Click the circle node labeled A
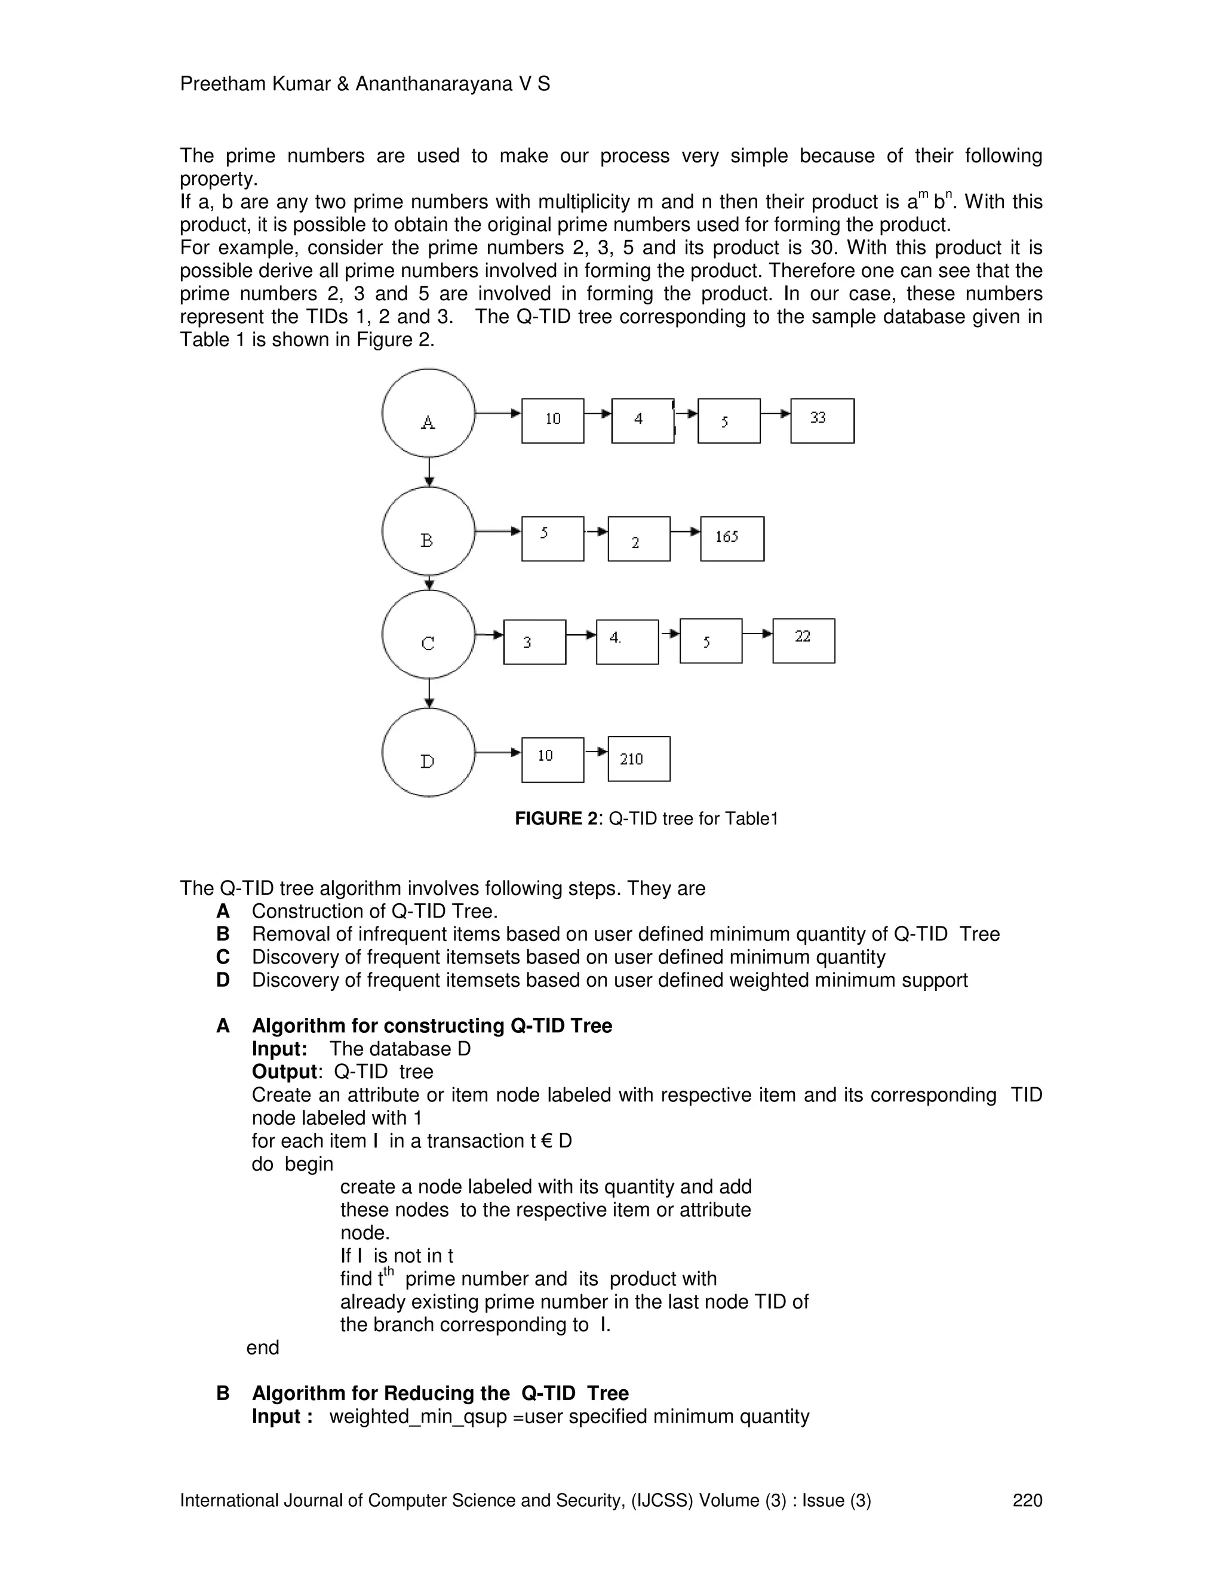pos(428,414)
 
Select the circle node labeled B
pos(428,532)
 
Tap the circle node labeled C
pos(428,635)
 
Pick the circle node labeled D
pos(428,753)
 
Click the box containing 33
pos(822,421)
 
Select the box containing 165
pos(732,539)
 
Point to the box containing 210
pos(639,759)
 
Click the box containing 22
pos(804,641)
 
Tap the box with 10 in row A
pos(553,421)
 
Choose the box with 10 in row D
pos(553,760)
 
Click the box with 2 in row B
pos(639,539)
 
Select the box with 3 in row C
pos(534,642)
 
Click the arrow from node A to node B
pos(429,472)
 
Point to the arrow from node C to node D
pos(429,693)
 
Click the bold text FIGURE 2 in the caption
pos(557,819)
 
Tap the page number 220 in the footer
pos(1027,1500)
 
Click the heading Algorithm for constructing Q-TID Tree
pos(432,1026)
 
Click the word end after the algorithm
pos(262,1348)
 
